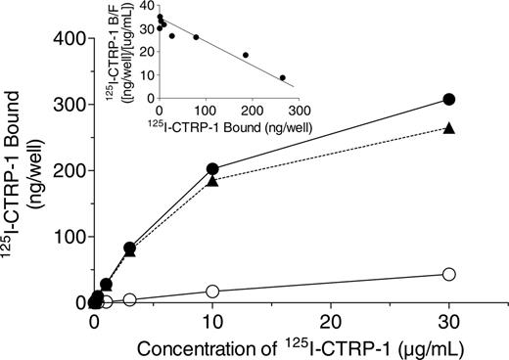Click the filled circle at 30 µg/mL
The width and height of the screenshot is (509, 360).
[448, 99]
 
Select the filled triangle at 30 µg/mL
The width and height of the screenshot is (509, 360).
[448, 128]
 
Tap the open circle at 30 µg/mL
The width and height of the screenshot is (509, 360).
[448, 275]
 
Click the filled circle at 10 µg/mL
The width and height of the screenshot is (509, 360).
[212, 169]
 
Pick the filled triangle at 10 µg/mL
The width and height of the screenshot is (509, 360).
[212, 181]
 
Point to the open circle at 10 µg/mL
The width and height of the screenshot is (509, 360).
[212, 292]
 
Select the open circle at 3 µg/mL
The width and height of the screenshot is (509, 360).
[129, 299]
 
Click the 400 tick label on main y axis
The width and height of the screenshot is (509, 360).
[64, 37]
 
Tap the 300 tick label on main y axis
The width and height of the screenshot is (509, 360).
[64, 104]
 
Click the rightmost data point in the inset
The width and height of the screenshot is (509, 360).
[283, 77]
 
